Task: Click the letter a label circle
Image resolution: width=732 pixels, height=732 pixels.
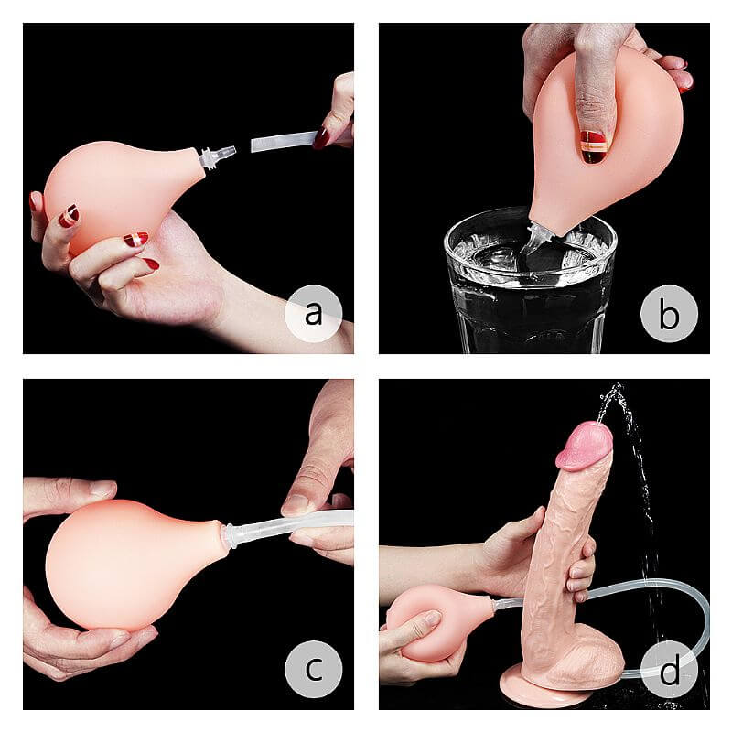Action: click(313, 314)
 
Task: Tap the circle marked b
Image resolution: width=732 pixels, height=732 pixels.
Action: click(669, 314)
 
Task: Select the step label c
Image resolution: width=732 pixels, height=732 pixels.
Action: click(313, 669)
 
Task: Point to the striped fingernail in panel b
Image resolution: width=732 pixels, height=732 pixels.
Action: click(593, 145)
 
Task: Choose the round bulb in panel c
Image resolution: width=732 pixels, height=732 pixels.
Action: click(128, 563)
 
